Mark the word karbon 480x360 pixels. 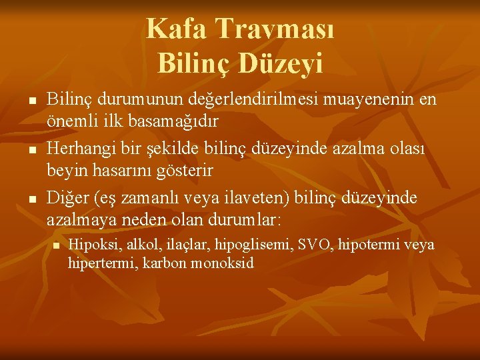click(x=167, y=263)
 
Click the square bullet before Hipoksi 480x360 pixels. click(x=57, y=246)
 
